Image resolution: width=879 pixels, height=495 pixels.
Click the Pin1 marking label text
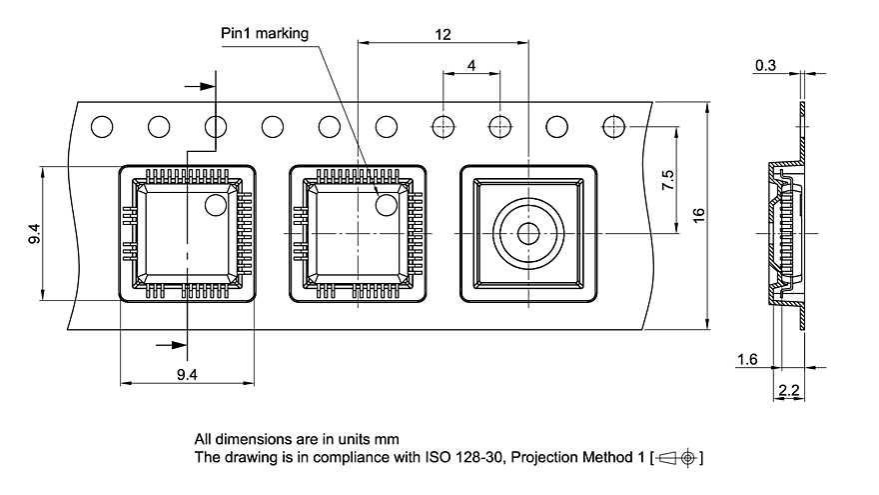click(265, 33)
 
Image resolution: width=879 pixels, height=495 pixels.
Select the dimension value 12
click(443, 33)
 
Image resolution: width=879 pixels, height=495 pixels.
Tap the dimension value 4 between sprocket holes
click(470, 65)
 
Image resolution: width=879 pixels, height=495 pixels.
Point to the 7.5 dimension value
click(668, 182)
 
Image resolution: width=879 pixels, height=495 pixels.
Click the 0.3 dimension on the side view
click(765, 65)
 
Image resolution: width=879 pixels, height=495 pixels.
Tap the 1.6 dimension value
click(746, 359)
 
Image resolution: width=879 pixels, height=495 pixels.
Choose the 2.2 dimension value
click(789, 391)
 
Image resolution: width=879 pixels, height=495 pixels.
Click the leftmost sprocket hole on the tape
click(102, 127)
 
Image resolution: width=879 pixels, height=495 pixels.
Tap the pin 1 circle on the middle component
click(386, 205)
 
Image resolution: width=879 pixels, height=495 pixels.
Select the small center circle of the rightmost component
click(527, 233)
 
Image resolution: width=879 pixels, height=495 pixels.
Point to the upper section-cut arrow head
click(208, 87)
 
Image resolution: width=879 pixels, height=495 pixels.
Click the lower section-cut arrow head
click(180, 345)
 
